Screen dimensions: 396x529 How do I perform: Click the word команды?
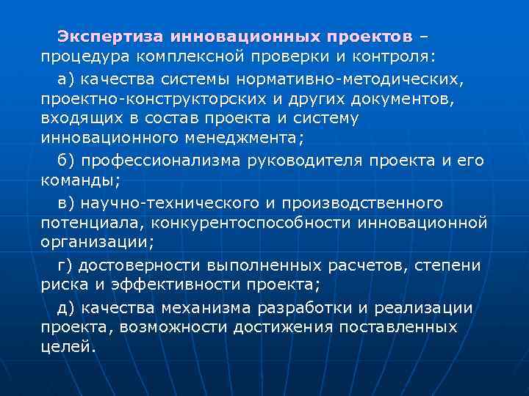[76, 180]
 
